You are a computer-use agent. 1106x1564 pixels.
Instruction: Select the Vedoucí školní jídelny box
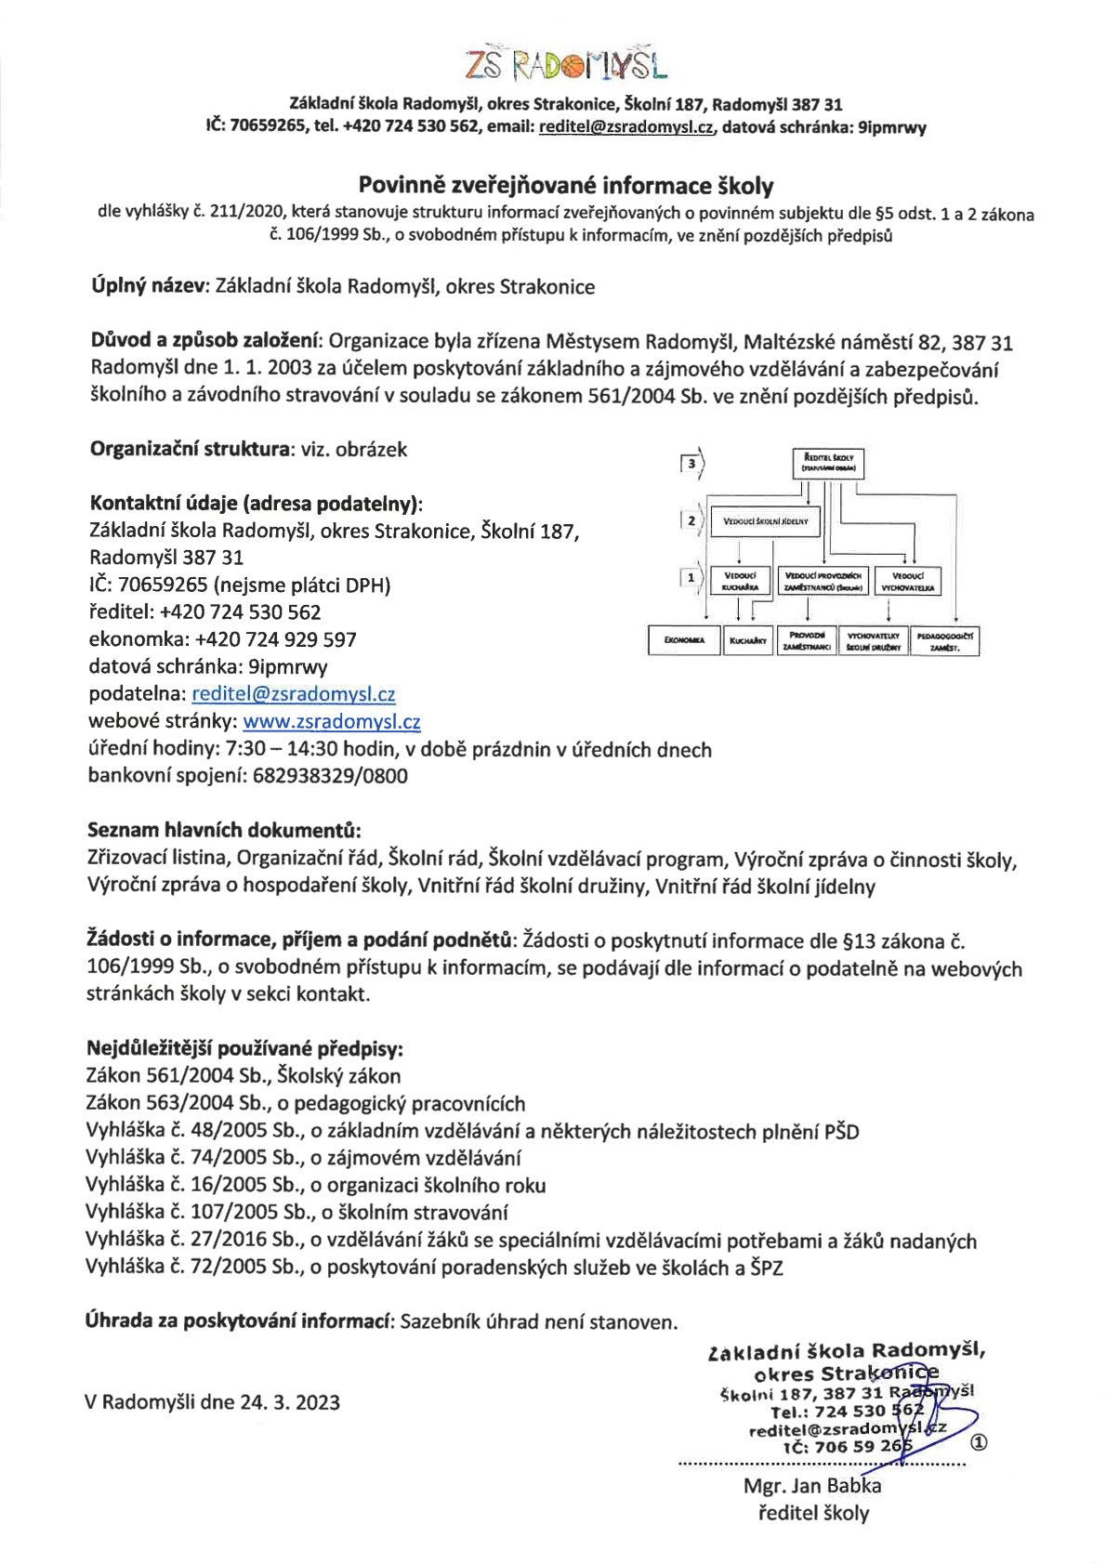(765, 521)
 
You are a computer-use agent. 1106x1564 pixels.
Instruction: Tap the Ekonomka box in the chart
(684, 640)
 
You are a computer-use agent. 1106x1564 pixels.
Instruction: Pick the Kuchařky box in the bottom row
(747, 640)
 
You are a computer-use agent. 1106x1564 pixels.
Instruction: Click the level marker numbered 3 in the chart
(691, 463)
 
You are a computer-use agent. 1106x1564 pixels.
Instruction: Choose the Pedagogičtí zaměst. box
(944, 641)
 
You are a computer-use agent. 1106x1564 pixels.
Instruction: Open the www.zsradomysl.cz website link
(332, 721)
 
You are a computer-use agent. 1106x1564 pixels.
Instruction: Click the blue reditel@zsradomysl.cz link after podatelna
(294, 694)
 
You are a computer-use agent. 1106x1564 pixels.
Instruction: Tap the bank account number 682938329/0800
(330, 776)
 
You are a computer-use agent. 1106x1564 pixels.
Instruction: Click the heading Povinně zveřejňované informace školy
(566, 186)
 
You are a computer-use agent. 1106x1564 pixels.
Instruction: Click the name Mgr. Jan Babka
(812, 1485)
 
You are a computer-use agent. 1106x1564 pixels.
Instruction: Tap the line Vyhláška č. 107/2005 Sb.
(296, 1212)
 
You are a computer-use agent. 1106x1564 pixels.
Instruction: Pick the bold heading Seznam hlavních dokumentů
(224, 830)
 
